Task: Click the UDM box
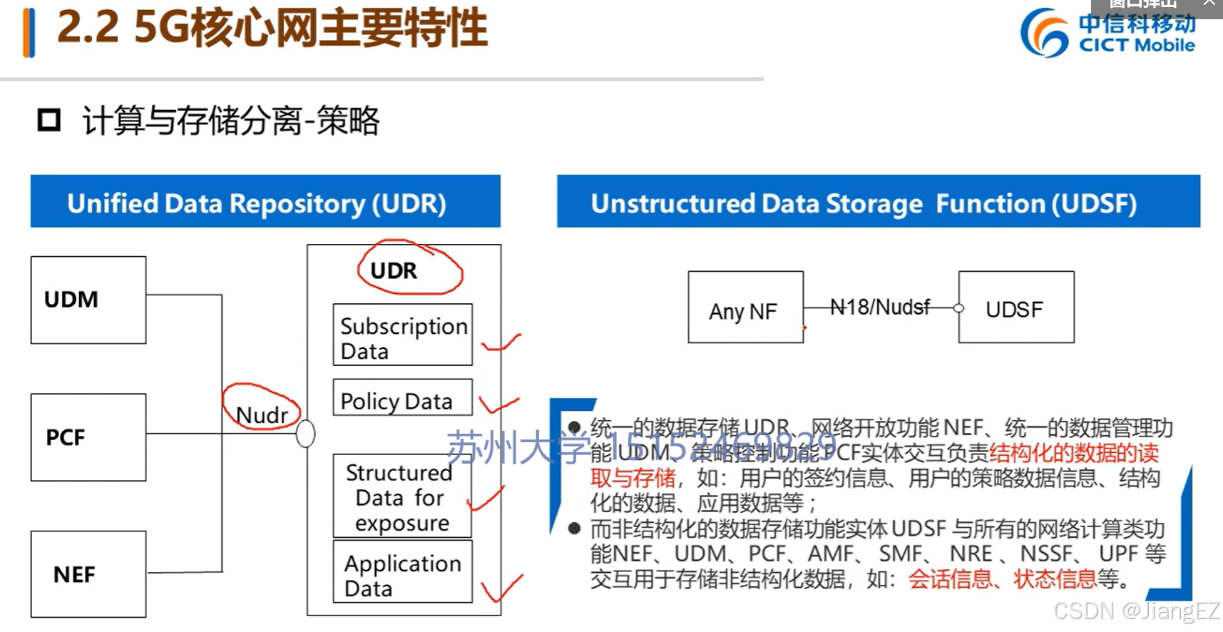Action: coord(88,300)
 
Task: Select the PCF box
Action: coord(88,437)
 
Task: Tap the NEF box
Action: coord(88,574)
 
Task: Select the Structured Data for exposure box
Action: coord(403,496)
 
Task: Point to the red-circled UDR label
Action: coord(395,271)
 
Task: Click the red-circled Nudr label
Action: coord(262,414)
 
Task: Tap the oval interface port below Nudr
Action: coord(305,433)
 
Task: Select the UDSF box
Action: coord(1015,307)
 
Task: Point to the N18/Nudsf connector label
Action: coord(880,307)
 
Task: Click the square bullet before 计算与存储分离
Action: coord(49,120)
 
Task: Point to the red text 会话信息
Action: coord(950,579)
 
